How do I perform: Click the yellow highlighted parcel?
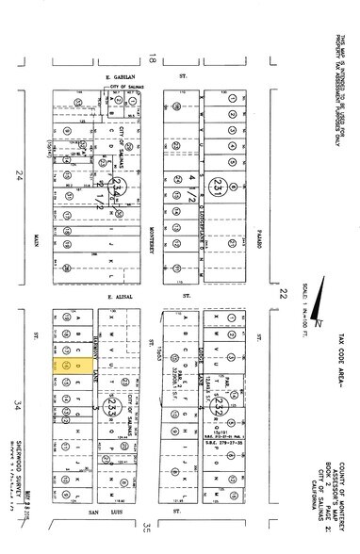(x=75, y=363)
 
